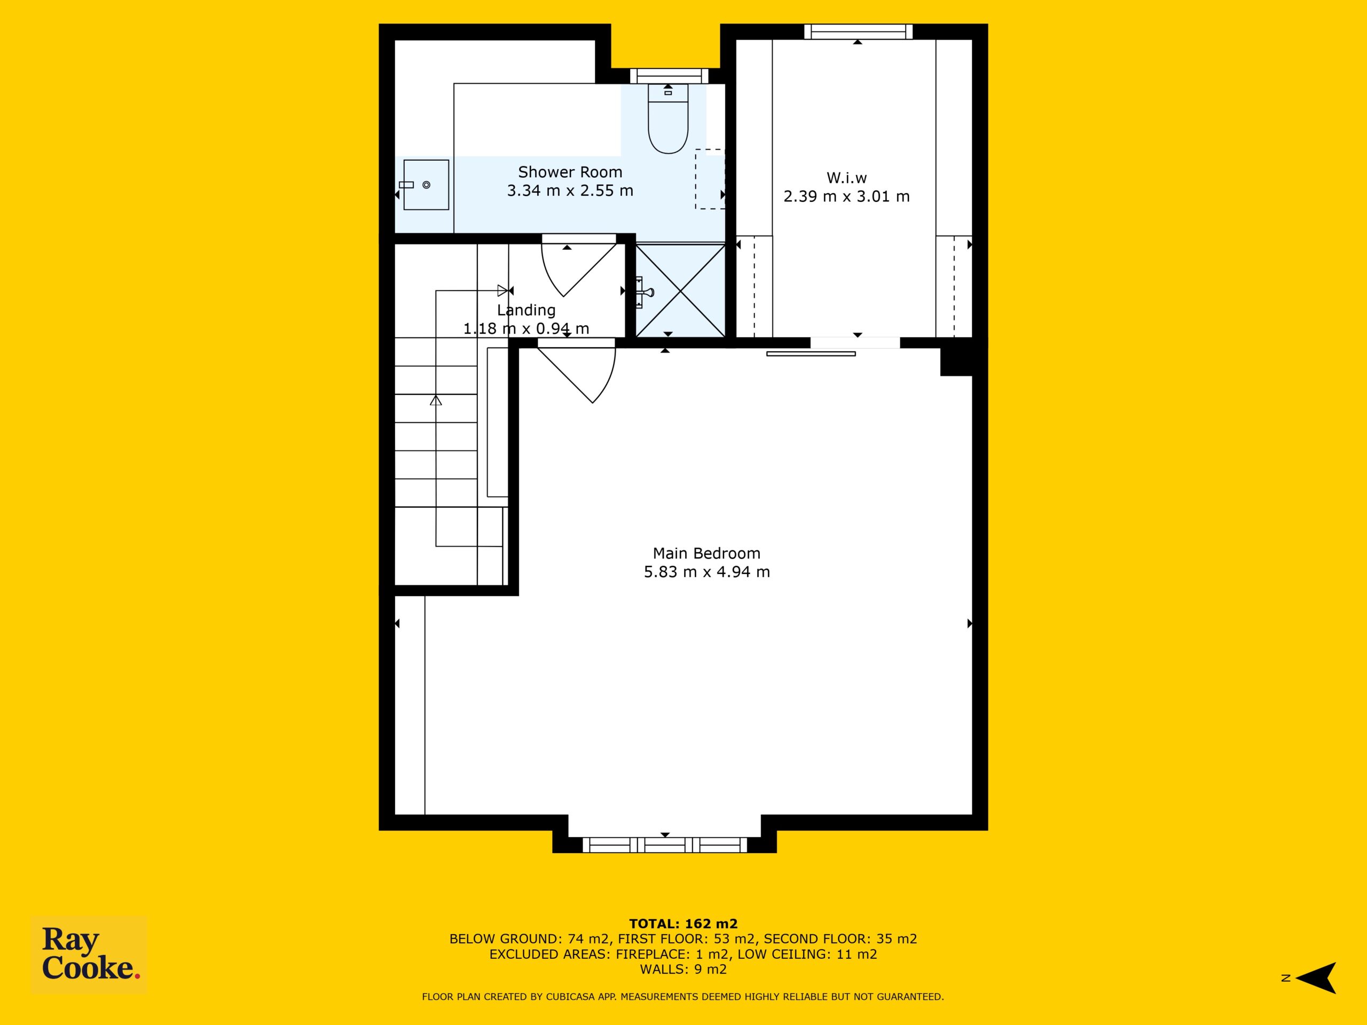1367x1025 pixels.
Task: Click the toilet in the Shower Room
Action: pos(668,119)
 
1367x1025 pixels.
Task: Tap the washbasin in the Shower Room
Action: pos(426,185)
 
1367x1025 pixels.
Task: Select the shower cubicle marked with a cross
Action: pos(680,290)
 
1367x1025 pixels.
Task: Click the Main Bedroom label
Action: pos(707,553)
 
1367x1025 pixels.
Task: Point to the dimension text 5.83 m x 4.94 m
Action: pos(707,572)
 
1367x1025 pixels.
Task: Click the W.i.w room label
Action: pos(847,178)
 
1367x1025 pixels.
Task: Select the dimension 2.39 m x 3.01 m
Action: pos(847,196)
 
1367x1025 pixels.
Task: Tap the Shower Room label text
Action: pos(570,172)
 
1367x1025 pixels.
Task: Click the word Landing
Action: pos(526,310)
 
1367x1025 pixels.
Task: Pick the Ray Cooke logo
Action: pos(89,955)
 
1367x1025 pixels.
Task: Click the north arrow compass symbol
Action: pos(1317,978)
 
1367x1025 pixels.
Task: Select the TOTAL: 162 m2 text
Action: pos(683,924)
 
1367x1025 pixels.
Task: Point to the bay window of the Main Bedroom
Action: pos(665,845)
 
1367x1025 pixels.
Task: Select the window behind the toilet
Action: pos(669,76)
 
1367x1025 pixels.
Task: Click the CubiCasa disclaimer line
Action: pos(683,997)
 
